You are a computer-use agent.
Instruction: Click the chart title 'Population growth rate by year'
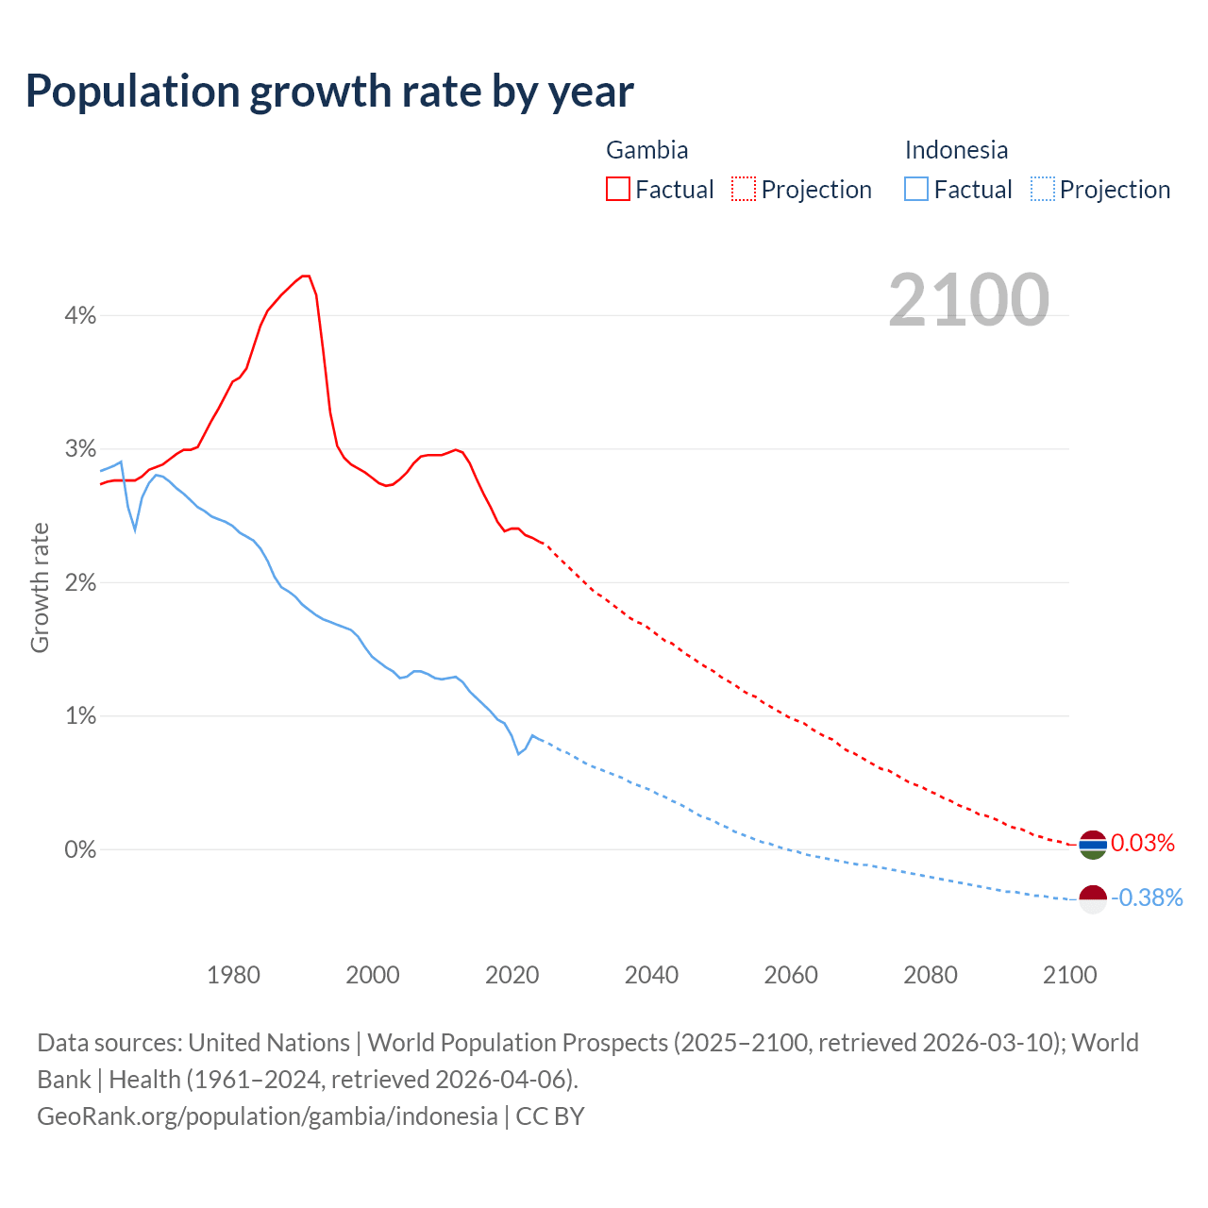click(329, 92)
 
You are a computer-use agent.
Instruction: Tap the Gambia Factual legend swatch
click(618, 189)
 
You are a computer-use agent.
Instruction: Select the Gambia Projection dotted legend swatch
click(744, 189)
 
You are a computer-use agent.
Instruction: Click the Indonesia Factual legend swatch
click(916, 189)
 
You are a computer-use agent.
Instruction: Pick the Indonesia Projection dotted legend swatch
click(1042, 189)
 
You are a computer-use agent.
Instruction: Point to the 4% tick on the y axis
click(80, 315)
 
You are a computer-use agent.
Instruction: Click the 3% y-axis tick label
click(80, 448)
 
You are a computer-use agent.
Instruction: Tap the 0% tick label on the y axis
click(80, 849)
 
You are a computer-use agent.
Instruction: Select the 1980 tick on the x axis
click(233, 975)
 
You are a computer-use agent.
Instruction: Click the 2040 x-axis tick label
click(651, 975)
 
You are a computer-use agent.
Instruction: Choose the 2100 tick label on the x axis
click(1069, 975)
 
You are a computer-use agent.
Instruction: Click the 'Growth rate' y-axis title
click(40, 587)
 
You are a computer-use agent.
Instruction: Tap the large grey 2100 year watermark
click(968, 300)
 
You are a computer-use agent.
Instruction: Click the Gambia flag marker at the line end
click(1093, 845)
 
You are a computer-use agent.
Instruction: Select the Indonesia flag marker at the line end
click(1093, 899)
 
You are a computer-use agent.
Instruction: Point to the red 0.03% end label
click(1143, 843)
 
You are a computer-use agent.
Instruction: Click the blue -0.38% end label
click(1147, 898)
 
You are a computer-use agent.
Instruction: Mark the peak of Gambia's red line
click(305, 276)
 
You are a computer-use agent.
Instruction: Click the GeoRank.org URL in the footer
click(267, 1116)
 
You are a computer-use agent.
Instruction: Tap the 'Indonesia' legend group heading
click(956, 150)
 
